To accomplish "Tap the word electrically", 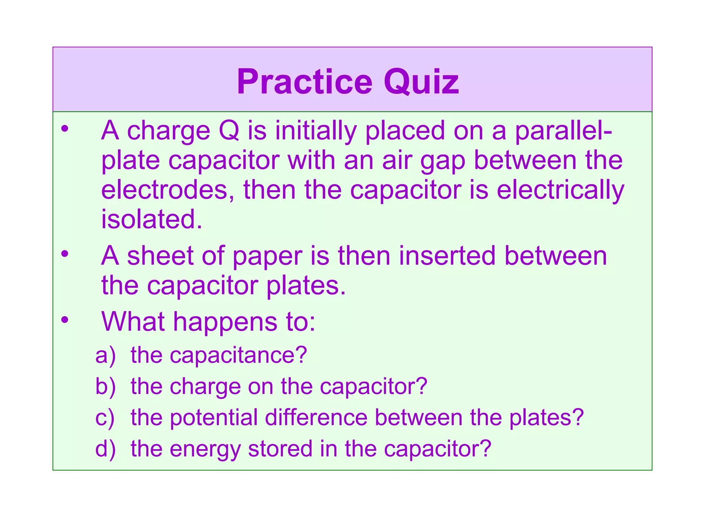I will tap(560, 190).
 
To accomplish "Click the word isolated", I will tap(151, 219).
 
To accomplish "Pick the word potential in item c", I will tap(214, 418).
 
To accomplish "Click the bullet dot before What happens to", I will tap(65, 320).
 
